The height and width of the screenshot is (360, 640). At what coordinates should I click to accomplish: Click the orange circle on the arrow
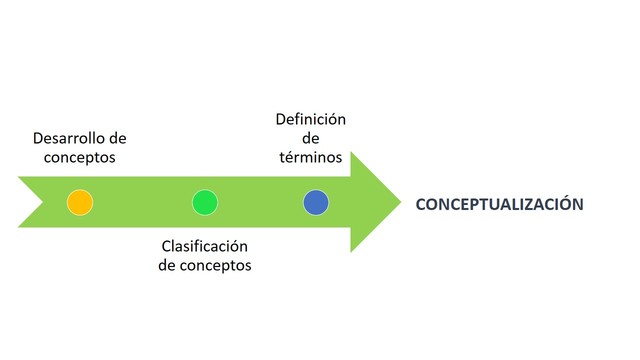tap(80, 202)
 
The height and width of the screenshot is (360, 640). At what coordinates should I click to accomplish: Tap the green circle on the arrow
tap(205, 202)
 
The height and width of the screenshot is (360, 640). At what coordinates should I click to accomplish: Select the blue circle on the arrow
tap(316, 202)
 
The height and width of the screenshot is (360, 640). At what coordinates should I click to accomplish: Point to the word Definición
tap(311, 119)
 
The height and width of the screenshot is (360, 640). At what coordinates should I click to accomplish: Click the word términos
tap(311, 157)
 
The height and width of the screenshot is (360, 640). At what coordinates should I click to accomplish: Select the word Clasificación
tap(204, 246)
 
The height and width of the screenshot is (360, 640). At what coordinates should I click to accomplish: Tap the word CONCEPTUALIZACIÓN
tap(499, 203)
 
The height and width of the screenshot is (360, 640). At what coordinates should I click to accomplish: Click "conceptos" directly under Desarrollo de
tap(80, 157)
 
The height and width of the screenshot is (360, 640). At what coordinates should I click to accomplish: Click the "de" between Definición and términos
tap(311, 138)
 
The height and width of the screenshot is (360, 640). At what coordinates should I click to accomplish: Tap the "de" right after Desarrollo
tap(118, 138)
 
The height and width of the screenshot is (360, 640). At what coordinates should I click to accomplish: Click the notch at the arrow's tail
tap(43, 202)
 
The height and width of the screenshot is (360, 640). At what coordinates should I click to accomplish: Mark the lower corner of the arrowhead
tap(350, 252)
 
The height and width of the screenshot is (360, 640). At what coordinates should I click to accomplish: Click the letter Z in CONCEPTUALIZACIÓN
tap(532, 203)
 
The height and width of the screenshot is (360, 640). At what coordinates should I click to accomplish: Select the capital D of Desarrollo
tap(38, 138)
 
